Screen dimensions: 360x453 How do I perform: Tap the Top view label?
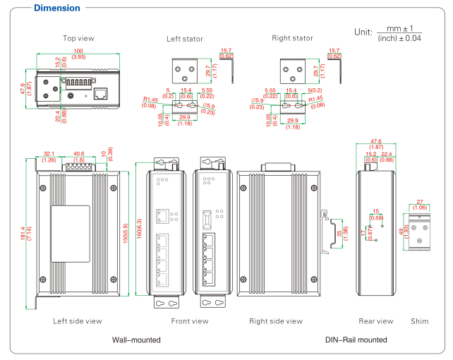78,38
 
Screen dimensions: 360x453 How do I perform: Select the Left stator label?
186,38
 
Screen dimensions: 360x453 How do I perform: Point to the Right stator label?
292,38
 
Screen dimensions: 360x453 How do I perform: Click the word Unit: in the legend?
366,32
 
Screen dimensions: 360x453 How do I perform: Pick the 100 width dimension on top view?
78,52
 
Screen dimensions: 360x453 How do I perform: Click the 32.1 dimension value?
49,153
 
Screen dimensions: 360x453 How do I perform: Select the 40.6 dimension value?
79,153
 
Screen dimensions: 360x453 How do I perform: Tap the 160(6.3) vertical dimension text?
140,228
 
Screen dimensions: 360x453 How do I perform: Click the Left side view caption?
78,321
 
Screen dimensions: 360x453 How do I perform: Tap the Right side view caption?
275,321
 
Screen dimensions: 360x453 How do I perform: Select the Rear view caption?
375,321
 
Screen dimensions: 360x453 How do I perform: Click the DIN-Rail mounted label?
356,340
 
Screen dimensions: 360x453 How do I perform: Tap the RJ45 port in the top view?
101,92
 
